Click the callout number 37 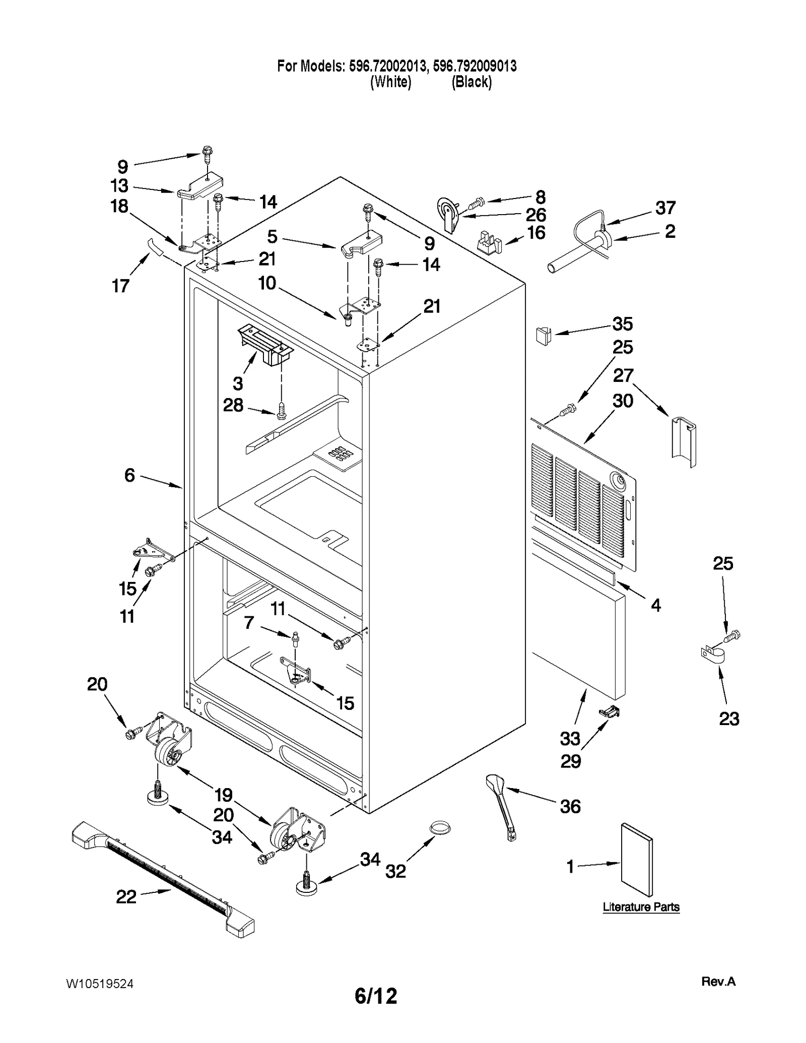[665, 208]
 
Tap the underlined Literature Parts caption [641, 907]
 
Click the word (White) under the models [390, 82]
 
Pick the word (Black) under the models [472, 82]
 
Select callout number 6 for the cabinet [129, 475]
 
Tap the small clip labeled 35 [542, 335]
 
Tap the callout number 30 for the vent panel [623, 401]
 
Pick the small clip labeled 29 [610, 711]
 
